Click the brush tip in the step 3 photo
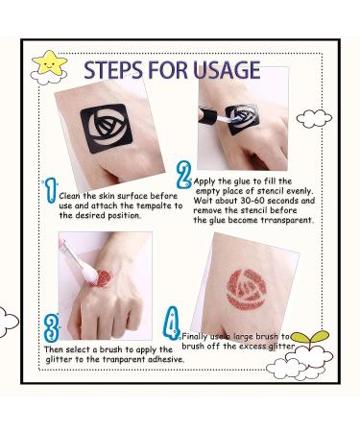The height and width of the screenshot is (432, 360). point(88,274)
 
